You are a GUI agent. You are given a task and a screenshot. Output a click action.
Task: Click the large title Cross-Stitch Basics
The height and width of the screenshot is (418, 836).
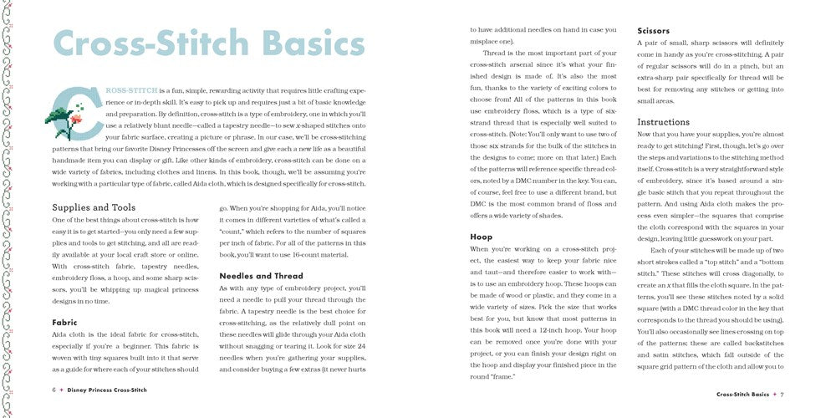[x=209, y=44]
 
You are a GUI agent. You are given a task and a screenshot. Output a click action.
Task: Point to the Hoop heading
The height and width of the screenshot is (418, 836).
[x=481, y=237]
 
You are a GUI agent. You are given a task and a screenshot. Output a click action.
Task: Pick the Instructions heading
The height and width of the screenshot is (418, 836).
[x=664, y=122]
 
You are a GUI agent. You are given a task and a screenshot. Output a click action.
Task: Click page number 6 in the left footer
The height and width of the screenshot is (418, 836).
[x=54, y=390]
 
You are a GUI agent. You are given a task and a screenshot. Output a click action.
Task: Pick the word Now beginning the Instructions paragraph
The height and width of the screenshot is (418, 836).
[x=647, y=134]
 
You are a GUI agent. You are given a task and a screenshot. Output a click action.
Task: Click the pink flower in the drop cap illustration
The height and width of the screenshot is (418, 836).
[x=76, y=119]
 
